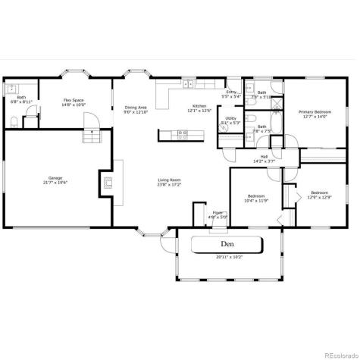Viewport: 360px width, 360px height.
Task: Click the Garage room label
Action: (55, 177)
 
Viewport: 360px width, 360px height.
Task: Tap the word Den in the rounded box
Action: (227, 244)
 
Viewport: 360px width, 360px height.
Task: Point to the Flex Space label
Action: (73, 100)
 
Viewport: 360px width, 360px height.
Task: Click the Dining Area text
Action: (136, 107)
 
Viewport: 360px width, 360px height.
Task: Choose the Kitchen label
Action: (199, 106)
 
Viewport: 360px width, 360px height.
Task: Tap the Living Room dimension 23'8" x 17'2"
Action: (168, 184)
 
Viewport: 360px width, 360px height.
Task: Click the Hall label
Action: (264, 157)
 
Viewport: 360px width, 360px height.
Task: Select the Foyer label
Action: (218, 212)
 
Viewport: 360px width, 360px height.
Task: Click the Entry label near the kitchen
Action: (230, 92)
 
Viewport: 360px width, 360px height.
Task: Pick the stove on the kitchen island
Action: (182, 134)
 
